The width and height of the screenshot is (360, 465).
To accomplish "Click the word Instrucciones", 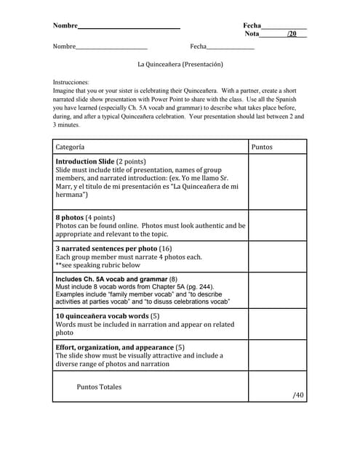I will [x=71, y=83].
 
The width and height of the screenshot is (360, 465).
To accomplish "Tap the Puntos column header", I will [x=262, y=147].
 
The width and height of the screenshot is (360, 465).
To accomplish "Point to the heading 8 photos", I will [x=69, y=217].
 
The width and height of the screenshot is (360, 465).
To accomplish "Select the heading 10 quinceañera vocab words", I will [x=102, y=317].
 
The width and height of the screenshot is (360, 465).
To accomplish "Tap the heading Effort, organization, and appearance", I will [x=114, y=347].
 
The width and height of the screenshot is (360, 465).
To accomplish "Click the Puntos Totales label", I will [x=100, y=387].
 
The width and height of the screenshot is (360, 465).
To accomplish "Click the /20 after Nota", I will [x=292, y=34].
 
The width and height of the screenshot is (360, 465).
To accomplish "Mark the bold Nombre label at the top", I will [x=65, y=25].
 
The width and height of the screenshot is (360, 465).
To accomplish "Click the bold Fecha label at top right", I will [x=252, y=25].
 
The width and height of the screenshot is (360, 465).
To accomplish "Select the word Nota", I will [x=252, y=34].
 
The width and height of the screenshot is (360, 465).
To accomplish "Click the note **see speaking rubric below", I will [x=98, y=265].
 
